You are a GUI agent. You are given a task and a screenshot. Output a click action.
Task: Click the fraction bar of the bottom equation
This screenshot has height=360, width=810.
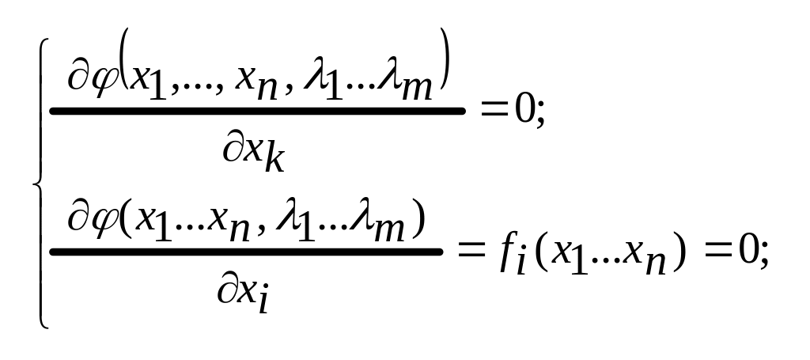click(246, 252)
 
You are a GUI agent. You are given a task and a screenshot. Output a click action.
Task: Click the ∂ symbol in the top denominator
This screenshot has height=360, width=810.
click(233, 147)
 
